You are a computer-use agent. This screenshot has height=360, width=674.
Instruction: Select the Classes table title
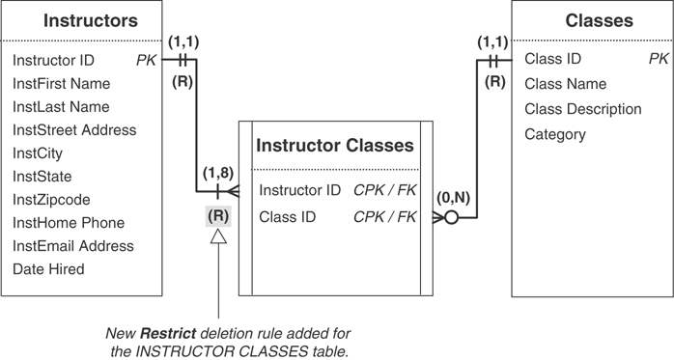click(x=598, y=19)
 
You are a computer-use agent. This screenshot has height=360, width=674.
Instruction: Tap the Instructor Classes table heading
click(x=334, y=146)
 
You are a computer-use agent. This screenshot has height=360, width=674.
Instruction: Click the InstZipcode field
click(x=51, y=200)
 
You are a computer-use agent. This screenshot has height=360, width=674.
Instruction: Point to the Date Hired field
click(x=48, y=269)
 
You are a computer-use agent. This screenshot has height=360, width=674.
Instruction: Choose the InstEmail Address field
click(x=73, y=246)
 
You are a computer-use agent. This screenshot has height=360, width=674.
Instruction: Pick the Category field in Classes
click(x=555, y=134)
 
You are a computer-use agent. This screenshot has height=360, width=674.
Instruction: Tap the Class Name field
click(x=565, y=84)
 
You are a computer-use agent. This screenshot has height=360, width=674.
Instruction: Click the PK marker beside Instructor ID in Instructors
click(x=147, y=60)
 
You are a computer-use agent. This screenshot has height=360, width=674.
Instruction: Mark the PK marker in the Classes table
click(x=658, y=60)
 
